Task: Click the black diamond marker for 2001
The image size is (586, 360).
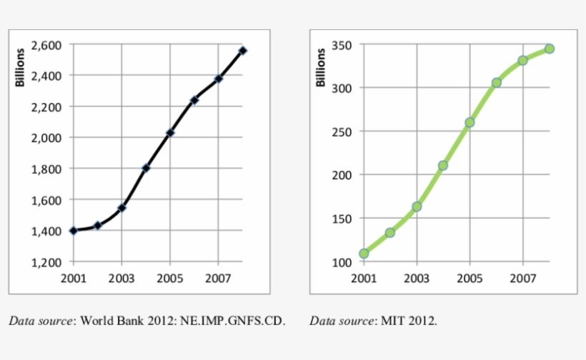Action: point(73,231)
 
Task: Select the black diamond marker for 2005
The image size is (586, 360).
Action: point(170,133)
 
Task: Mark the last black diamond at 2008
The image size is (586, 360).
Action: point(243,51)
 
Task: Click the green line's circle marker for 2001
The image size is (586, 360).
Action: point(364,254)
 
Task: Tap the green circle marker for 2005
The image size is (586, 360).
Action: point(470,122)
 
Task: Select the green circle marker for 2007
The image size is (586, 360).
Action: point(523,61)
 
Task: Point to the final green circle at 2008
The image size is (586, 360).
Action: point(549,49)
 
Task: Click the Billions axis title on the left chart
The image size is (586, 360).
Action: point(21,67)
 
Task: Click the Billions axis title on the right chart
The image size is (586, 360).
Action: point(321,67)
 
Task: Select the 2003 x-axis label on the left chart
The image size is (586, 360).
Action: point(121,278)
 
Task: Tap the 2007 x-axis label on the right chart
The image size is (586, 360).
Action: point(523,278)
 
